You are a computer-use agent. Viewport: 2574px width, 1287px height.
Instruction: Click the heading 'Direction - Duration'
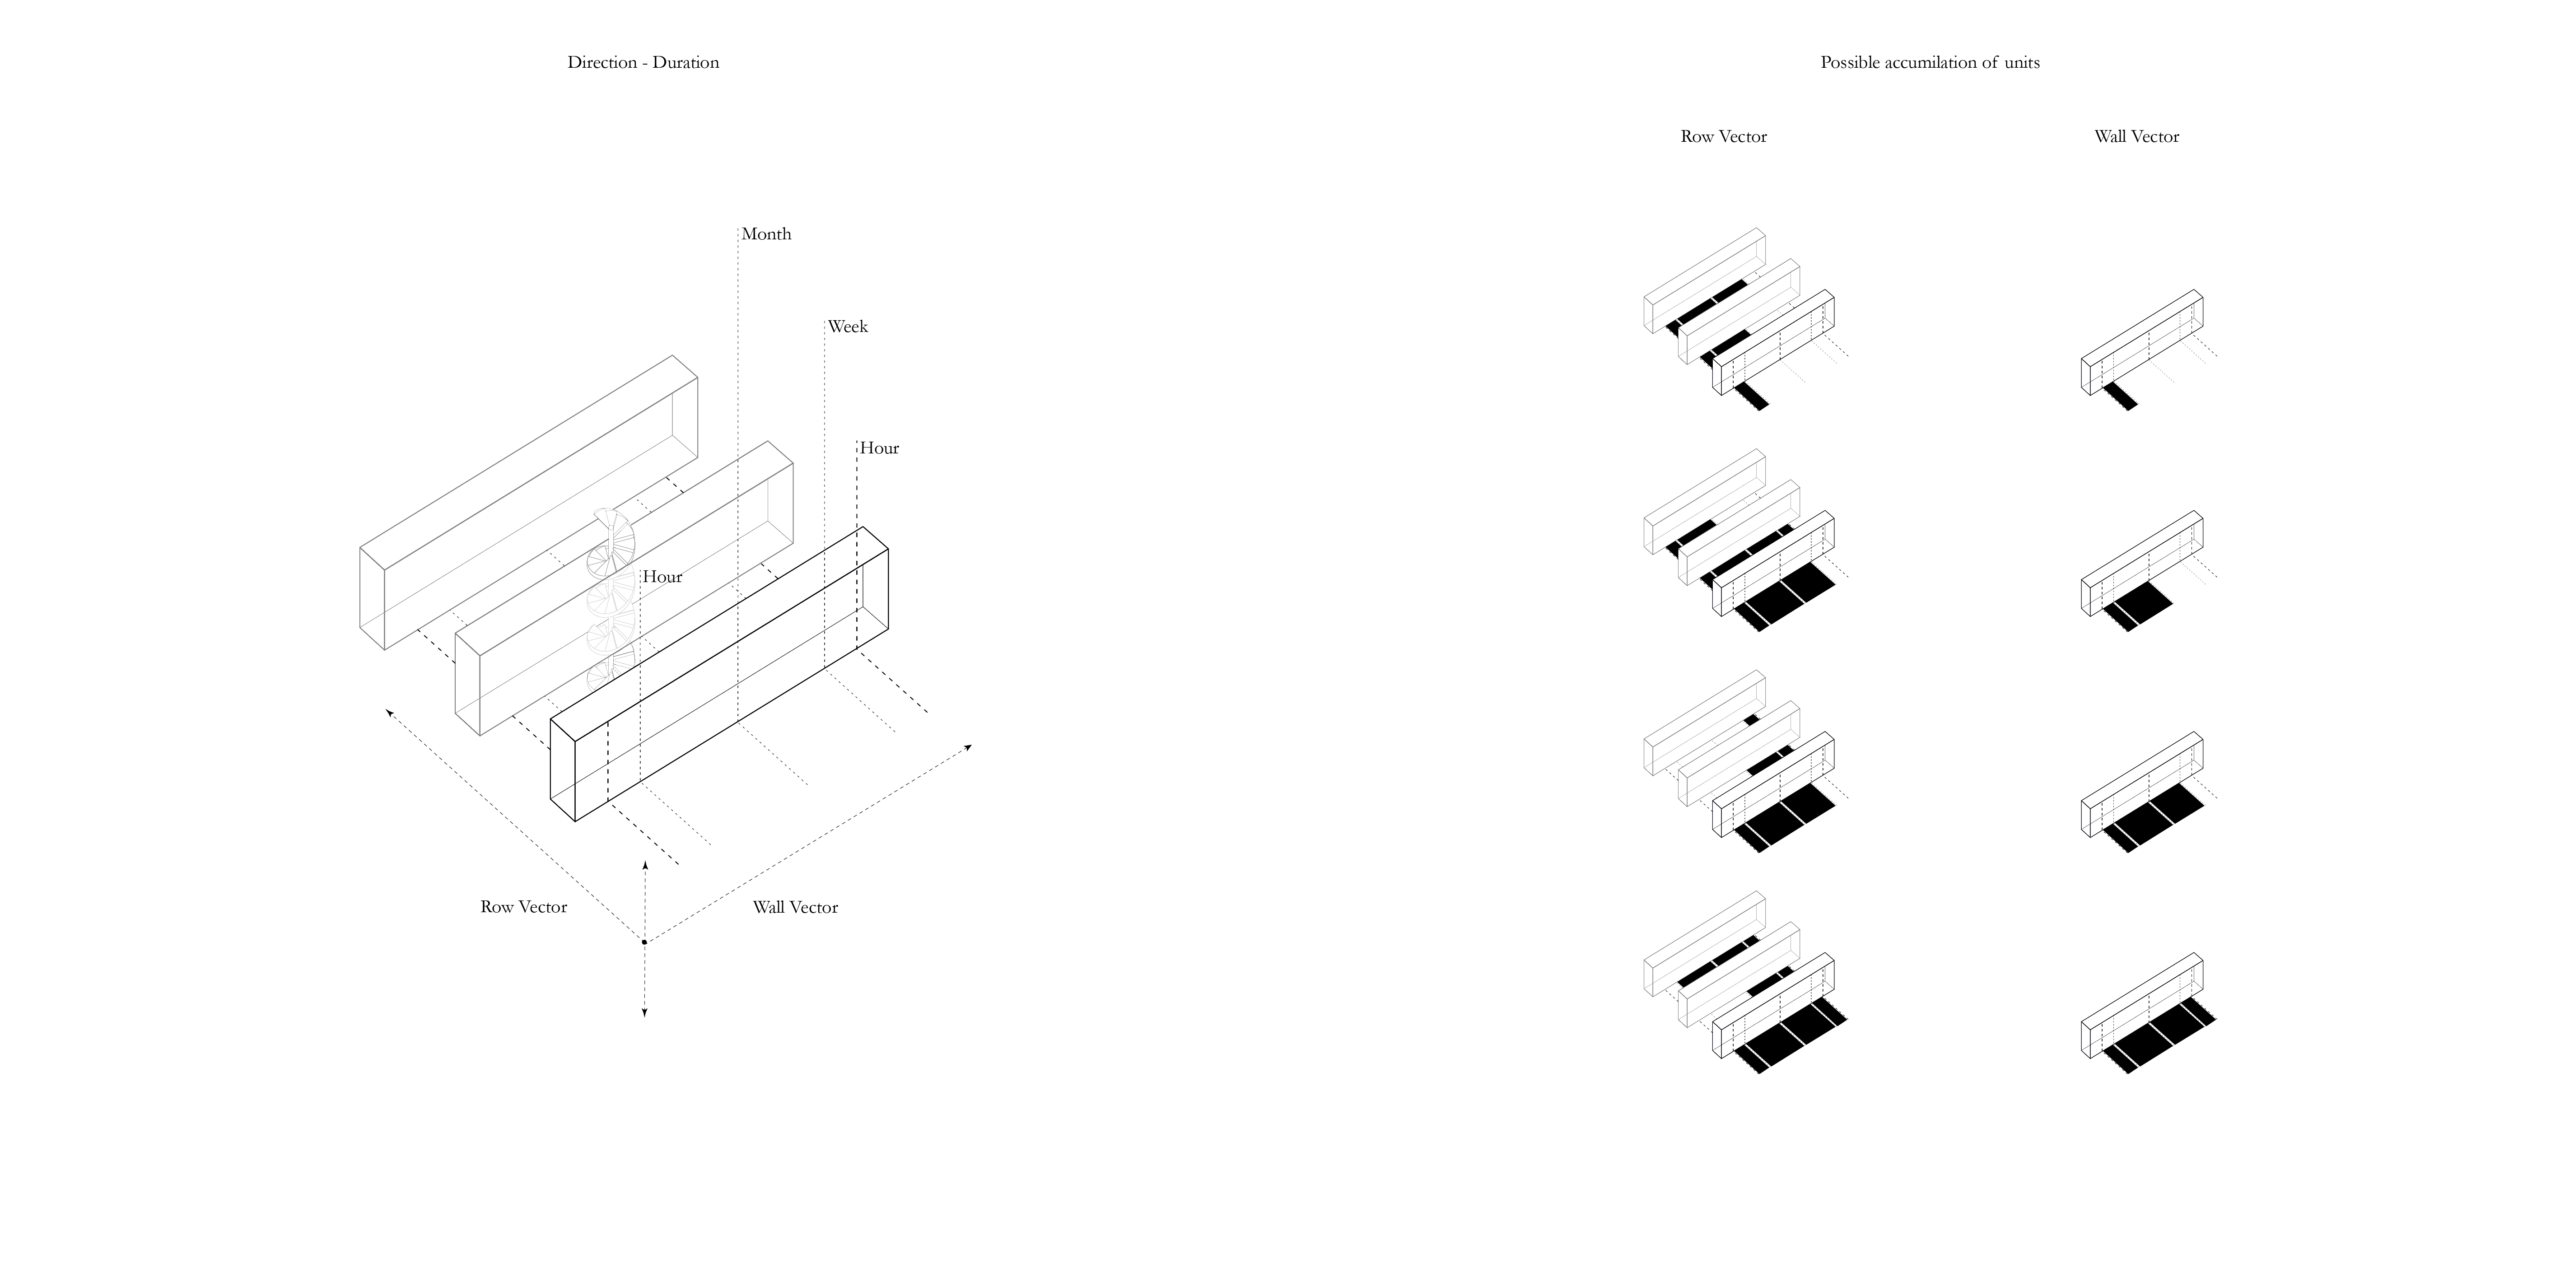pyautogui.click(x=643, y=62)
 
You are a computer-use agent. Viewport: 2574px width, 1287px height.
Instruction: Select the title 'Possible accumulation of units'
pyautogui.click(x=1930, y=62)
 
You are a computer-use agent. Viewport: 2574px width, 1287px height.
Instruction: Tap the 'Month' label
pyautogui.click(x=766, y=234)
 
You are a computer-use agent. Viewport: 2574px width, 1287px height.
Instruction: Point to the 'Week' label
pyautogui.click(x=847, y=327)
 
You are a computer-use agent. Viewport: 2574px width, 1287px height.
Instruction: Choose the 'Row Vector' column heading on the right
pyautogui.click(x=1724, y=137)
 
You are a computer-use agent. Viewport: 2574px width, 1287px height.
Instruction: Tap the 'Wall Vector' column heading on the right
pyautogui.click(x=2136, y=137)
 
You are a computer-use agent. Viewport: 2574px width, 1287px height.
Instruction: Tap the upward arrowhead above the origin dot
pyautogui.click(x=644, y=863)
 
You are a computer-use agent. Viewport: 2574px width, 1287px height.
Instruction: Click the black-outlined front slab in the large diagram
pyautogui.click(x=719, y=675)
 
